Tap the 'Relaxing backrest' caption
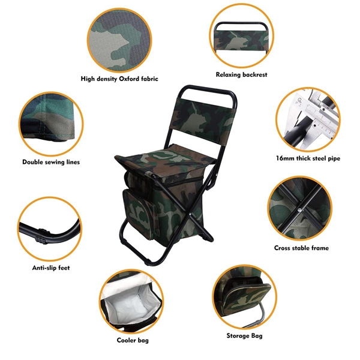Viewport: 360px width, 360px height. coord(241,75)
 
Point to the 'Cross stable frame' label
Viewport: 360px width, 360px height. coord(301,247)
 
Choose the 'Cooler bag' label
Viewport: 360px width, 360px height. coord(134,340)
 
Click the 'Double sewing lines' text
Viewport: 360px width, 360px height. coord(51,162)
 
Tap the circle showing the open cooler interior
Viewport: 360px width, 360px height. coord(131,302)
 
